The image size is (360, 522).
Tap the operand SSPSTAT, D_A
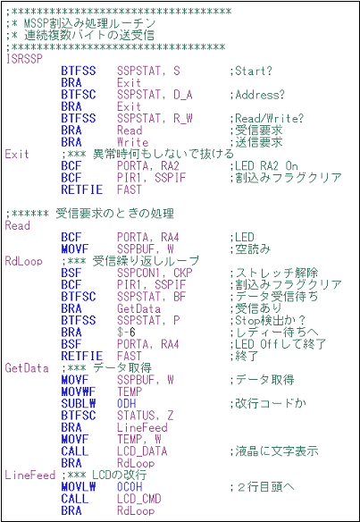(x=155, y=95)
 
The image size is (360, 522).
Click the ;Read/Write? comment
(x=266, y=119)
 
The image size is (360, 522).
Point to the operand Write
(x=132, y=142)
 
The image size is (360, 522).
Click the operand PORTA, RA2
(x=148, y=165)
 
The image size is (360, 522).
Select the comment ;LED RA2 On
(x=264, y=165)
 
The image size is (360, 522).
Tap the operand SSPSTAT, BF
(x=148, y=297)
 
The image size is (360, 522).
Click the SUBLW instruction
(x=79, y=403)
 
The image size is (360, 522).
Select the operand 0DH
(x=127, y=403)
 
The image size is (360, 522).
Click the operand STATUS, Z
(x=145, y=416)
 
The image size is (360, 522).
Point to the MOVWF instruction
(x=79, y=391)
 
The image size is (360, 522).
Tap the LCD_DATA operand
(x=142, y=451)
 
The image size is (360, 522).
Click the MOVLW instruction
(x=79, y=487)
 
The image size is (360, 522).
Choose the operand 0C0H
(x=130, y=487)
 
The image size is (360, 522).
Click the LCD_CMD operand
(x=139, y=499)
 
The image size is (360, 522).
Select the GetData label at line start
(x=27, y=368)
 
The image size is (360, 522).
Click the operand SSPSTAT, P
(x=148, y=320)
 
